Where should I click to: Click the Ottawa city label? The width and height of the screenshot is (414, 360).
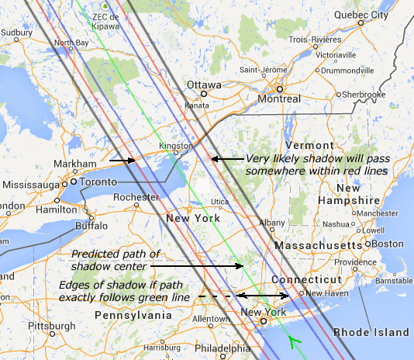[x=204, y=85]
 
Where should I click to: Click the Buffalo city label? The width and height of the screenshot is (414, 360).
[x=91, y=226]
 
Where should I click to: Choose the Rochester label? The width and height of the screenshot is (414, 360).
[x=136, y=197]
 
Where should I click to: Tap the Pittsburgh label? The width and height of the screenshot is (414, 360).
[x=50, y=325]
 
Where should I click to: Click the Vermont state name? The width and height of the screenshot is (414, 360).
[x=309, y=146]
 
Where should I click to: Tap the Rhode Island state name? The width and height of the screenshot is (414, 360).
[x=371, y=332]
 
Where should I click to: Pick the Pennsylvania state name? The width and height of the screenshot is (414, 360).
[x=133, y=316]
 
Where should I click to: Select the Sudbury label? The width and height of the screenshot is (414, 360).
[x=16, y=33]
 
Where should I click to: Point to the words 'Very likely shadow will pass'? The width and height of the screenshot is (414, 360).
[x=311, y=158]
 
